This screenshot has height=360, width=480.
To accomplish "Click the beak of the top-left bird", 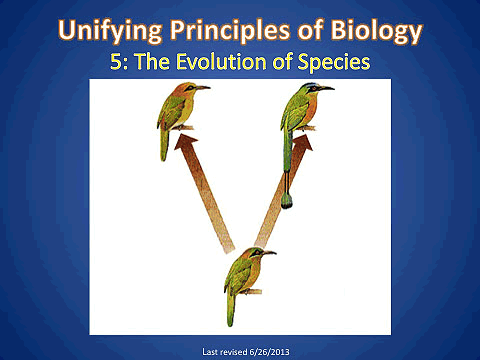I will [x=202, y=88].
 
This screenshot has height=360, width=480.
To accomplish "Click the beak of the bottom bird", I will [x=267, y=254].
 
